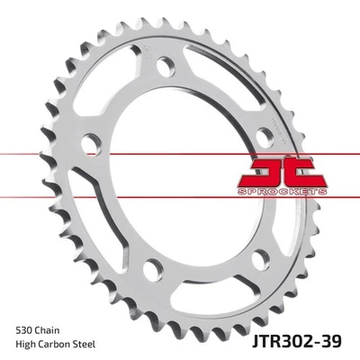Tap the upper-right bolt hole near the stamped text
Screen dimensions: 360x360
coord(265,135)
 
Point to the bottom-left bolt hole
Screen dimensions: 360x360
coord(154,266)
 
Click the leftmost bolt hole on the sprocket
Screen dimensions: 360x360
coord(91,144)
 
